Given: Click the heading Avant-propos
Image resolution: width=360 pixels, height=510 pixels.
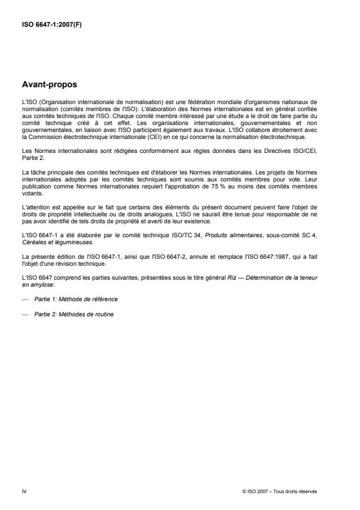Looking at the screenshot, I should click(x=49, y=84).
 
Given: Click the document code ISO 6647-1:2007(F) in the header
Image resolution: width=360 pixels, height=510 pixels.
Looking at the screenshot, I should click(x=51, y=25).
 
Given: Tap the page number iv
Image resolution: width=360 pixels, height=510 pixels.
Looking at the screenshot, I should click(x=24, y=491).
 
